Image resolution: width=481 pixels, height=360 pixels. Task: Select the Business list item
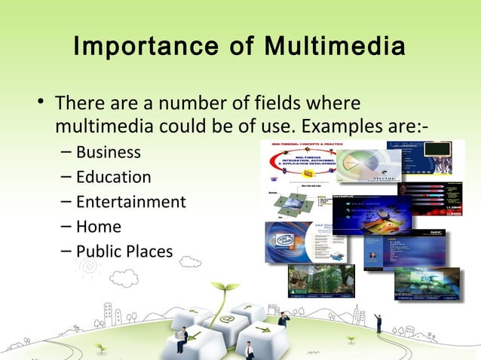click(x=108, y=152)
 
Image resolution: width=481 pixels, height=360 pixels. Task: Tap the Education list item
click(x=113, y=177)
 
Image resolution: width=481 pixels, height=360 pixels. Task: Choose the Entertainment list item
click(x=130, y=202)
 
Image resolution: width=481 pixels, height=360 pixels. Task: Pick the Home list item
click(x=98, y=227)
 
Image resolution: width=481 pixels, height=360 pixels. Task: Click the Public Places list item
click(x=124, y=252)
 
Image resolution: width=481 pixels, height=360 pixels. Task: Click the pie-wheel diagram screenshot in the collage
click(x=363, y=166)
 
